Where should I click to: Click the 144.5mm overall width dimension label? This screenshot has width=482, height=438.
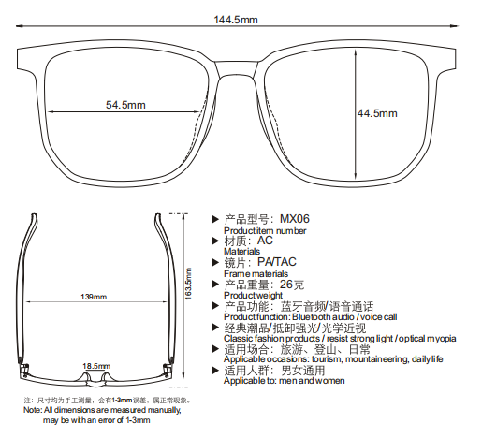click(236, 20)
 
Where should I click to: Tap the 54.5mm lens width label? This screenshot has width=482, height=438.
click(125, 105)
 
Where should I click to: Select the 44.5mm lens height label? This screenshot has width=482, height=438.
click(377, 113)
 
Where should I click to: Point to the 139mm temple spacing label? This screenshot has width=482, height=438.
click(94, 297)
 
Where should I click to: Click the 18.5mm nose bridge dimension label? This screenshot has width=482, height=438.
click(96, 366)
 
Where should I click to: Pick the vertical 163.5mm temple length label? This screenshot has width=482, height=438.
click(188, 284)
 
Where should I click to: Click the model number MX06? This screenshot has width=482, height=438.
click(295, 219)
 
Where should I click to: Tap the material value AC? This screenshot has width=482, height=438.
click(265, 241)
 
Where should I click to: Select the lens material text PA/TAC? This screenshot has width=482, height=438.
click(276, 262)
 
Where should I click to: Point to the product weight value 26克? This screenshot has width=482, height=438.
click(292, 285)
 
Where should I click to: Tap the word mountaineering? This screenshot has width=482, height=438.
click(377, 359)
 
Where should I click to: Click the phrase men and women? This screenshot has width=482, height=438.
click(312, 381)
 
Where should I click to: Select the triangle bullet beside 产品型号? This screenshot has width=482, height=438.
click(215, 219)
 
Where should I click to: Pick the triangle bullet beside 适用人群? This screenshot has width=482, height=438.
click(215, 371)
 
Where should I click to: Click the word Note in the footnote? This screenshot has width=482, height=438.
click(32, 410)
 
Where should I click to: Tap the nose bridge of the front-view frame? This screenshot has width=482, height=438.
click(236, 68)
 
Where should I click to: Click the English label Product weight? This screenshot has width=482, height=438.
click(253, 295)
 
